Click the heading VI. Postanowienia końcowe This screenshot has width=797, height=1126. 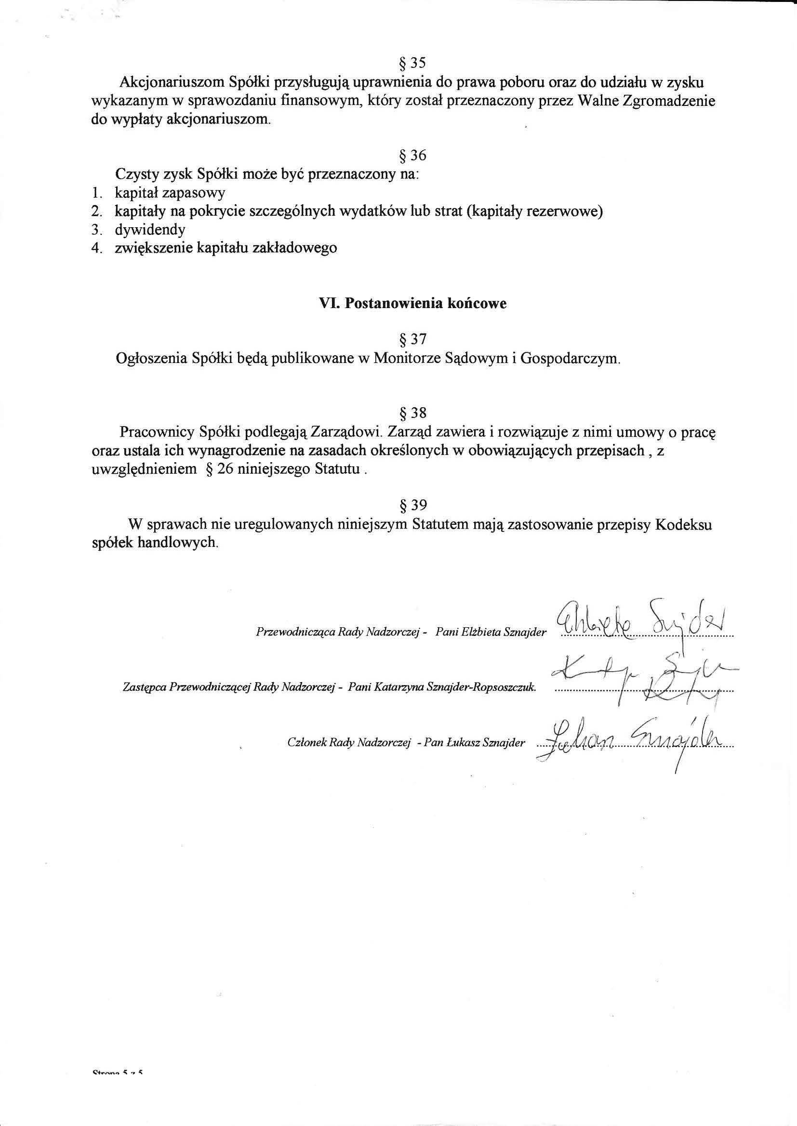tap(413, 304)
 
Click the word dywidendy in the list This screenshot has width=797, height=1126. tap(150, 230)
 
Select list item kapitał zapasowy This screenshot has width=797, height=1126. tap(170, 193)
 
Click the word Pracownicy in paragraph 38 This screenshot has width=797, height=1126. tap(157, 433)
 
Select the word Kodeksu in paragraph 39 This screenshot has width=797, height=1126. tap(684, 525)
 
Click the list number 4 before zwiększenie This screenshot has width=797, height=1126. tap(96, 248)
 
